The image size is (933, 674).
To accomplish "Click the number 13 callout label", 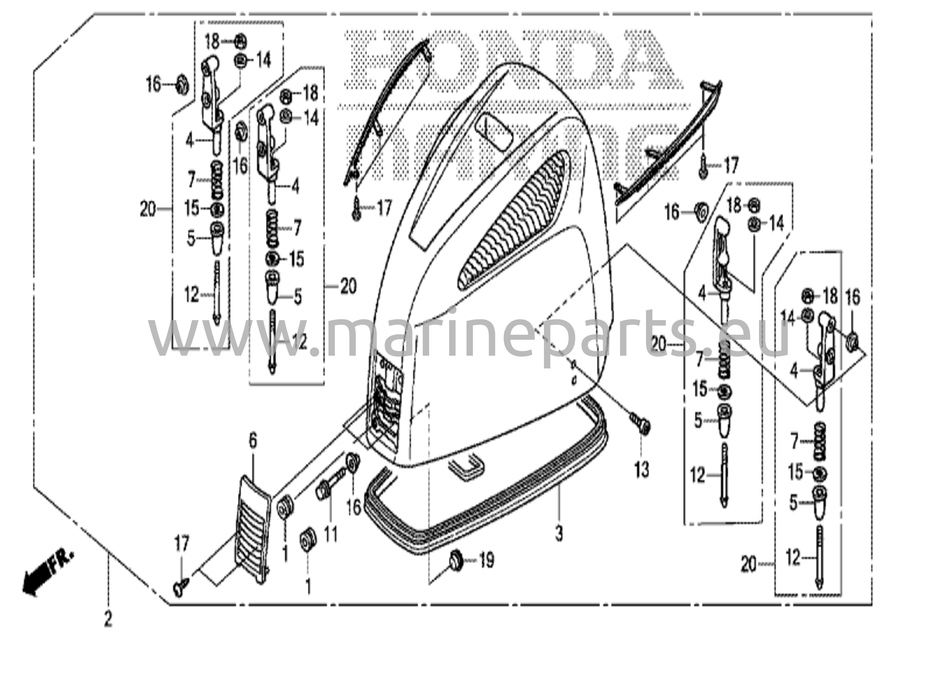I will coord(641,469).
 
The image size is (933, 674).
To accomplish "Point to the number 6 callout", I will coord(253,441).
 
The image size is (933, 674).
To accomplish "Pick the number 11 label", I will coord(331,533).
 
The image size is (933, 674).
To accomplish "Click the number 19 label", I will coord(487,560).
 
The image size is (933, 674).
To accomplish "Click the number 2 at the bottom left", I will coord(108,619).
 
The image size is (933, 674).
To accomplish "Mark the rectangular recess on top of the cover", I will coord(493,130).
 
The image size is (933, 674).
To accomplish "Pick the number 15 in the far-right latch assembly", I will coord(795,472).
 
